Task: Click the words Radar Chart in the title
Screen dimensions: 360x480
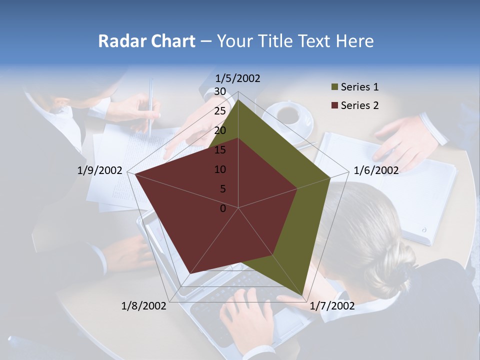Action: [146, 41]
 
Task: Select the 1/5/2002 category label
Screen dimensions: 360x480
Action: [238, 78]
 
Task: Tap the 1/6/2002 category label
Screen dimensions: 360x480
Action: [376, 170]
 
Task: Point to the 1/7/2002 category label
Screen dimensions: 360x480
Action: [332, 305]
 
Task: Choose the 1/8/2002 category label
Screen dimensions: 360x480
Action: [144, 305]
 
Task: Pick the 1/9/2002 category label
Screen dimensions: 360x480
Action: [100, 170]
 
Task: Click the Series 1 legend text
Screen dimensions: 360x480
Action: [359, 87]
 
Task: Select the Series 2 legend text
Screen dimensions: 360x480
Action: [359, 105]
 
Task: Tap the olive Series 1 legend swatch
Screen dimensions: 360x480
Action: [334, 87]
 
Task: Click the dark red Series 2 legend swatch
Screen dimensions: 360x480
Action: [334, 105]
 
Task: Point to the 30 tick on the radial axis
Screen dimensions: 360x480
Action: [220, 91]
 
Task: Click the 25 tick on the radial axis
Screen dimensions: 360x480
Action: [220, 111]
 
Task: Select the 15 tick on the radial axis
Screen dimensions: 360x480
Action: [220, 150]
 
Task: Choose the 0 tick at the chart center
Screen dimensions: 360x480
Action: [223, 208]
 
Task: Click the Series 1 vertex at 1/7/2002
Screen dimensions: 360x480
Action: [302, 295]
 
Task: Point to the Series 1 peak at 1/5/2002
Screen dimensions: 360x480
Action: [238, 99]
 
